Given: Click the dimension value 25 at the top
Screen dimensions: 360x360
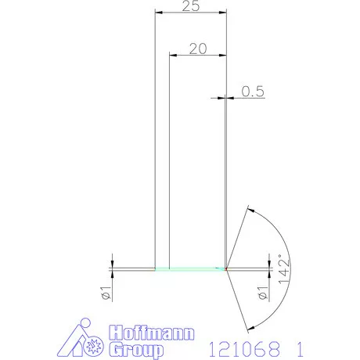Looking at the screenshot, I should [x=190, y=7].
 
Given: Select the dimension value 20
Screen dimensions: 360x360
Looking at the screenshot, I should [x=198, y=48].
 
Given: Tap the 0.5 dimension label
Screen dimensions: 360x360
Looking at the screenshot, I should [x=253, y=92].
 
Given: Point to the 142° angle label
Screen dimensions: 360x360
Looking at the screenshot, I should [x=284, y=268].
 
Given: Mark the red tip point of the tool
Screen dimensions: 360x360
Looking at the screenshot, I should [x=226, y=269].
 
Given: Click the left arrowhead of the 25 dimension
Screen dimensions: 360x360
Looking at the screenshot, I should [x=159, y=14].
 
